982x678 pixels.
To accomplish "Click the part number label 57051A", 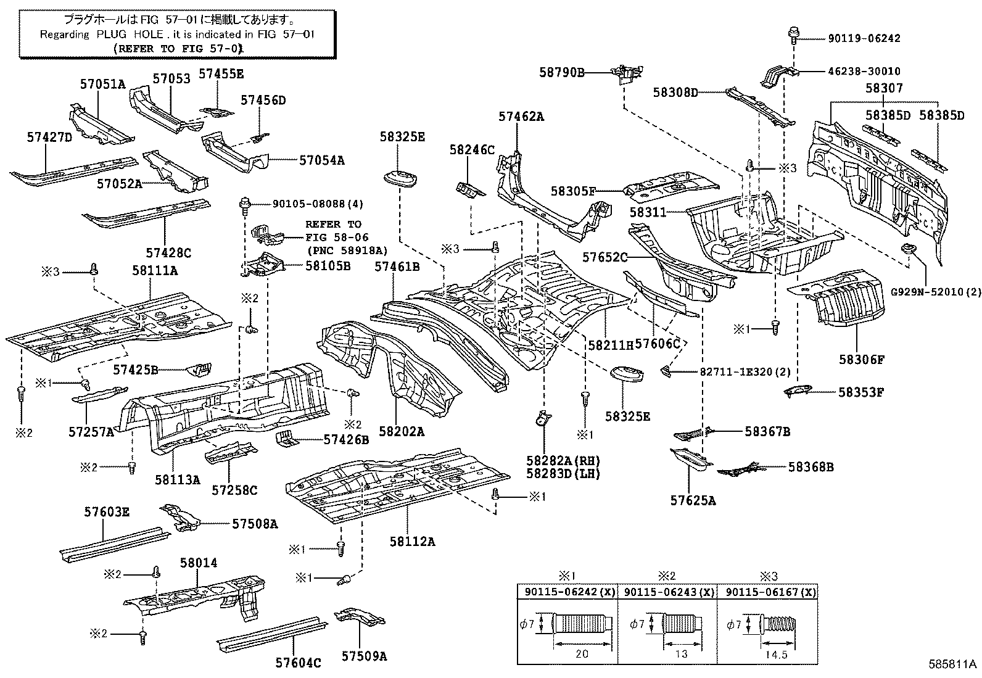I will [x=102, y=85].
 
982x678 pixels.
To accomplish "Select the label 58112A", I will [x=412, y=542].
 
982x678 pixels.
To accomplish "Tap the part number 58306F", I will [x=861, y=359].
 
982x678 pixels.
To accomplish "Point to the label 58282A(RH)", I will [x=563, y=460].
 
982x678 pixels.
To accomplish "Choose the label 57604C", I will [x=299, y=663].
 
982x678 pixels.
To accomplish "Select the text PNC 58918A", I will [x=347, y=250].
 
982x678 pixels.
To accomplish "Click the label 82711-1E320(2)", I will [x=737, y=372].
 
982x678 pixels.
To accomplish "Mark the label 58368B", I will [x=811, y=467].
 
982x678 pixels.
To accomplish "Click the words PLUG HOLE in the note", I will [x=130, y=35].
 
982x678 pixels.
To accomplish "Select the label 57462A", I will [x=521, y=116].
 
